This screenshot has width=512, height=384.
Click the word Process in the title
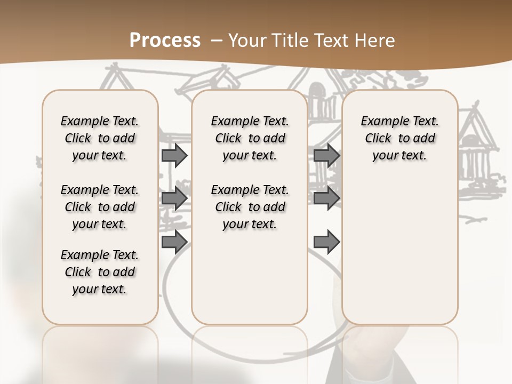pyautogui.click(x=165, y=40)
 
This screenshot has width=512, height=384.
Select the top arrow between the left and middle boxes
pyautogui.click(x=174, y=155)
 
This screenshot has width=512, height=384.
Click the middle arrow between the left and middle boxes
pyautogui.click(x=174, y=198)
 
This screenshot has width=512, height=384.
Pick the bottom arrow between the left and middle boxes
pyautogui.click(x=174, y=242)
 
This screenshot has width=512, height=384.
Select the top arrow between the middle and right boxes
pyautogui.click(x=326, y=155)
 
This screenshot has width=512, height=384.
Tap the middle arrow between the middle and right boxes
pyautogui.click(x=326, y=198)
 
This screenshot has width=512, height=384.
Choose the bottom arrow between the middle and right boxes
pyautogui.click(x=326, y=242)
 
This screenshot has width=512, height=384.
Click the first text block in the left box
pyautogui.click(x=100, y=138)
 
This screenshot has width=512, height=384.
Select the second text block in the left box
pyautogui.click(x=100, y=207)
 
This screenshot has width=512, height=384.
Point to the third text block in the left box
pyautogui.click(x=100, y=272)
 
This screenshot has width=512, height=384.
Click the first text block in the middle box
pyautogui.click(x=250, y=138)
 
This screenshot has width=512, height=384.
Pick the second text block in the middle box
pyautogui.click(x=250, y=207)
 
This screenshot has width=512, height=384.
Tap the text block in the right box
pyautogui.click(x=399, y=138)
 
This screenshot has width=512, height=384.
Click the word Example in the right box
pyautogui.click(x=380, y=122)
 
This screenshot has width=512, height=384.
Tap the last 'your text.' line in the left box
pyautogui.click(x=100, y=289)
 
